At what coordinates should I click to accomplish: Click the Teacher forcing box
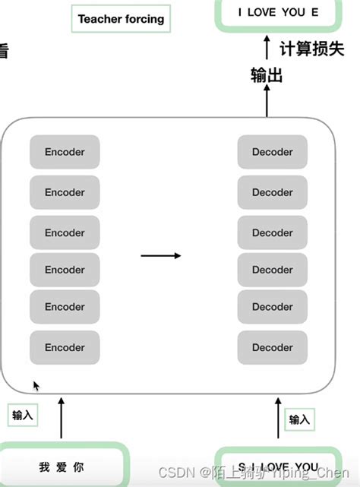click(x=121, y=19)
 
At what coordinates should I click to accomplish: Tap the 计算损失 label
click(x=311, y=49)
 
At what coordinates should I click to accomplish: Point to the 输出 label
click(x=267, y=74)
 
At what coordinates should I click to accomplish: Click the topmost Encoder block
click(x=65, y=152)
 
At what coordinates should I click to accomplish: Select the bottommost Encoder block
click(x=65, y=347)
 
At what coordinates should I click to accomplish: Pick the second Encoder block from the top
click(x=65, y=192)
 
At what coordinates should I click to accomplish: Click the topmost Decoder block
click(x=273, y=152)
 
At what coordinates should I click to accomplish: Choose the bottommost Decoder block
click(x=273, y=347)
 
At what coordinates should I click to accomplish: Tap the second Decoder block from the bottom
click(x=273, y=307)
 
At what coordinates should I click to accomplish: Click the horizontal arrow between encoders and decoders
click(x=161, y=256)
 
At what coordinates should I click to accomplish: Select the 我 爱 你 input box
click(x=62, y=465)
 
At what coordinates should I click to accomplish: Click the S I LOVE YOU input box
click(x=278, y=466)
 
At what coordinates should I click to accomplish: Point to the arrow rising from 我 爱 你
click(x=62, y=419)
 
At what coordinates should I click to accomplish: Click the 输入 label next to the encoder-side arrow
click(x=24, y=416)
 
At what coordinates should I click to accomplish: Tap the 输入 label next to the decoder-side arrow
click(x=299, y=419)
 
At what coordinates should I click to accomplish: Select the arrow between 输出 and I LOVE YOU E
click(x=267, y=49)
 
